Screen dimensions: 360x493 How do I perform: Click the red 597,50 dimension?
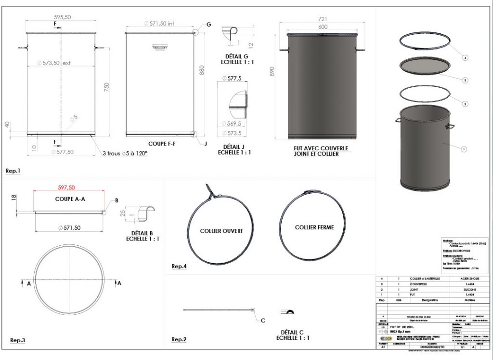[66, 187]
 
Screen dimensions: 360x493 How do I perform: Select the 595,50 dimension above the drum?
[62, 17]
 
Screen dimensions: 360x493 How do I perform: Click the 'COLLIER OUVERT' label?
[221, 231]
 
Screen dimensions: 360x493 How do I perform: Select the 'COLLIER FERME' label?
[314, 227]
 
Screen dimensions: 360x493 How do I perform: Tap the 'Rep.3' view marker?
[17, 341]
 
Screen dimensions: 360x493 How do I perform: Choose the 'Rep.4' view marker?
[179, 266]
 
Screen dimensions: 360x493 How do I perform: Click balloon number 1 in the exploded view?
[464, 149]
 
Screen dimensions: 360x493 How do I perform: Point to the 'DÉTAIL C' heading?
[293, 332]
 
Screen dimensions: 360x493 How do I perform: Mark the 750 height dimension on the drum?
[107, 87]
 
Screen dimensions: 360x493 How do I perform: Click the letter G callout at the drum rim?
[208, 24]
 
